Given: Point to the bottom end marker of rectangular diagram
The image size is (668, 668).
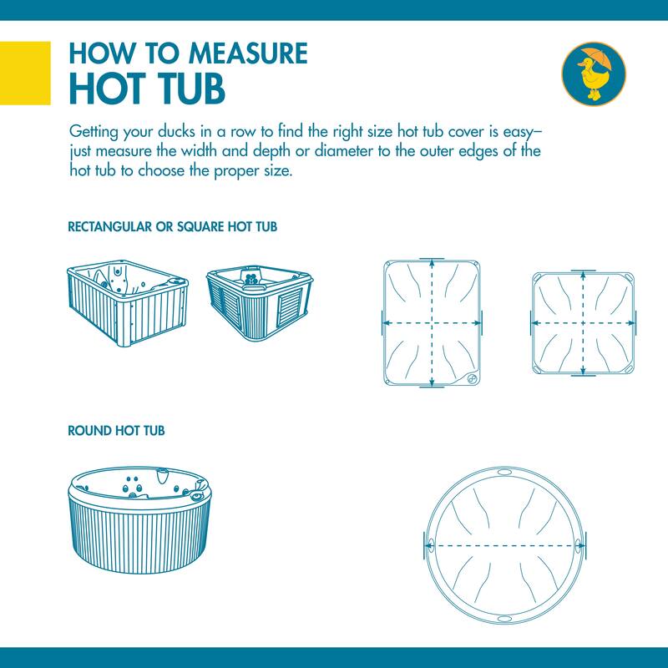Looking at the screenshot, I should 432,387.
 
